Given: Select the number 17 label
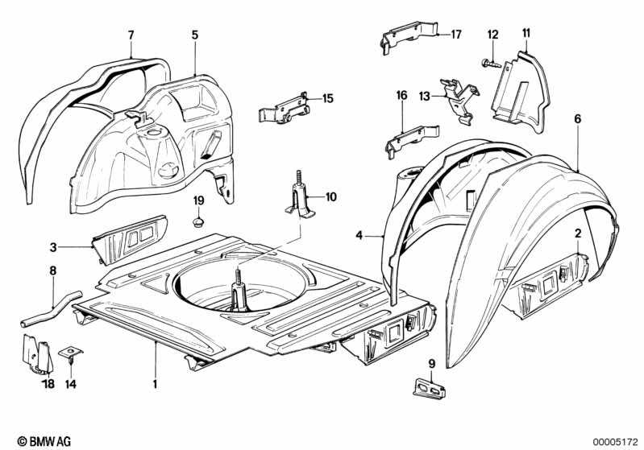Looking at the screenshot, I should [456, 35].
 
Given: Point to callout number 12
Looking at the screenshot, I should [493, 34].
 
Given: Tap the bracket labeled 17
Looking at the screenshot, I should [408, 38].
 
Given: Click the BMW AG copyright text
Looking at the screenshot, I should [39, 441].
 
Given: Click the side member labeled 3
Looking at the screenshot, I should [129, 238].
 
